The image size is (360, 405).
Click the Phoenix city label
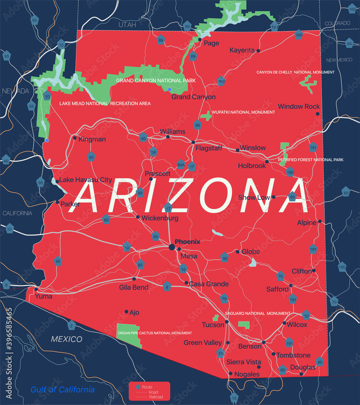pos(187,242)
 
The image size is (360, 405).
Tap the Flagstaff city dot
pos(193,142)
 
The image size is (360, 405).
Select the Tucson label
pos(213,325)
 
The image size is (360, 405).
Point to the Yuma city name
pos(43,296)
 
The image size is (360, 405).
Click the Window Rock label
pos(299,107)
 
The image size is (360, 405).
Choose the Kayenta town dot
pos(258,51)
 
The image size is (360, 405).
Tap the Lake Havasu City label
pos(86,180)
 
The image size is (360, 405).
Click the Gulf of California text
pos(62,390)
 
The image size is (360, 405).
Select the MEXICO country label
pos(66,339)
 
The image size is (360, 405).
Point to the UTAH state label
pos(127,25)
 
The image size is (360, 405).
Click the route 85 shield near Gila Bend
pos(141,265)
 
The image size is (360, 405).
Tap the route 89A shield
pos(181,165)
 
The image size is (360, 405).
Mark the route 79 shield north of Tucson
pos(224,299)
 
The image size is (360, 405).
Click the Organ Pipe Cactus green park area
pos(129,335)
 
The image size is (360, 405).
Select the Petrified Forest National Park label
pos(311,160)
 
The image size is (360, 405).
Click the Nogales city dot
pos(231,374)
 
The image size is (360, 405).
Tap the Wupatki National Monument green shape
pos(206,115)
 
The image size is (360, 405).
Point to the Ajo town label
pos(134,312)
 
